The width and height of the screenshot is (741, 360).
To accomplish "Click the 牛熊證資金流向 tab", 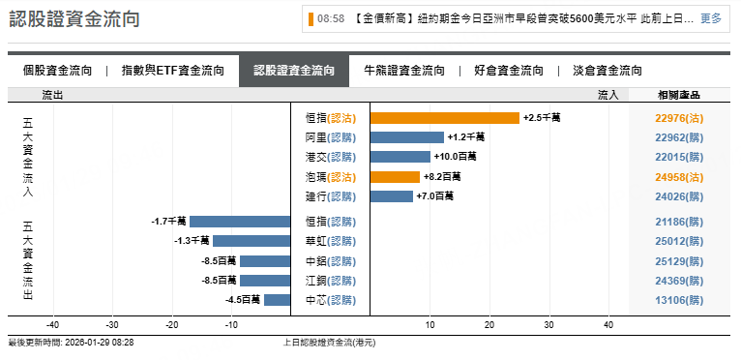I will coord(403,71).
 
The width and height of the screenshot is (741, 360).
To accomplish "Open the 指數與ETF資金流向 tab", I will coord(173,71).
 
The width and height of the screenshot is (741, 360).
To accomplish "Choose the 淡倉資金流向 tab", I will coord(608,71).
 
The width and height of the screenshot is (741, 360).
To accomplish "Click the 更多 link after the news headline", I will coord(711,18).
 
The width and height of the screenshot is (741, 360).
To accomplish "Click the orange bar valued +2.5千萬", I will coord(445,118).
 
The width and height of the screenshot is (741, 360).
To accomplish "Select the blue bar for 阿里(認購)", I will coord(407,137).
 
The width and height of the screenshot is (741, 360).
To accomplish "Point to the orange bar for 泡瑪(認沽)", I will coord(395,177).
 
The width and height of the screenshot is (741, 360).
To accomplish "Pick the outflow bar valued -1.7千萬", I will coord(240,222).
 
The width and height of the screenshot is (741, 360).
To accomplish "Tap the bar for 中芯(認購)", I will coord(277,300).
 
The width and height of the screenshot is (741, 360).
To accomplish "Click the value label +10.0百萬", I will coord(456,157).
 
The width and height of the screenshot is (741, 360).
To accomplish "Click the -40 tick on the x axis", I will coord(53,325).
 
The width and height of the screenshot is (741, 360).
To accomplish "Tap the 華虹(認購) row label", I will coord(330,241).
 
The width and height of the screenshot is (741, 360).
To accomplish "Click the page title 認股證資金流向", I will coord(74,18).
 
